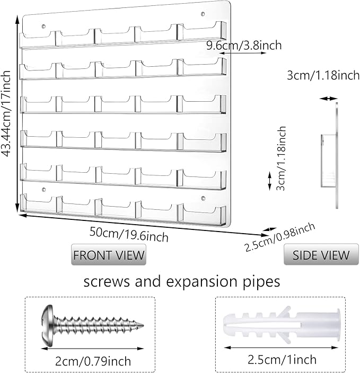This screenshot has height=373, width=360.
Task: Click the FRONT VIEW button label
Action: pos(109,255)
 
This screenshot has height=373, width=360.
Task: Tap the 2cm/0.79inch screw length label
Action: pos(93,361)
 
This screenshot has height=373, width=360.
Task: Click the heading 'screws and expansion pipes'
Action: pos(181,281)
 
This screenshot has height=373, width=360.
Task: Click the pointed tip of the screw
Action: pos(142,323)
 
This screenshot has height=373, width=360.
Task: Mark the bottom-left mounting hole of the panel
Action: pos(45,189)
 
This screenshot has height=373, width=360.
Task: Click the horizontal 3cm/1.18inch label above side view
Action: pos(323,75)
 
